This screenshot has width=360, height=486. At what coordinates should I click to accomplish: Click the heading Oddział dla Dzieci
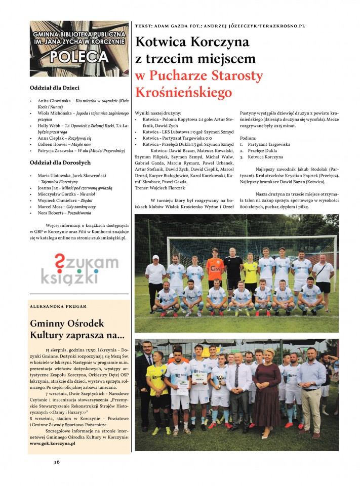pos(58,88)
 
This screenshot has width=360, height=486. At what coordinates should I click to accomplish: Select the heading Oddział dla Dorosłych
pos(60,163)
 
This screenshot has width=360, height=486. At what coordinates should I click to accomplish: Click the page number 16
pos(57,461)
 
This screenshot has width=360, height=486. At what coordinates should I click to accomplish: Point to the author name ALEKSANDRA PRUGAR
pos(58,306)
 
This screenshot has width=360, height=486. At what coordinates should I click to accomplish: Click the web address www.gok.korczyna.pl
pos(53,443)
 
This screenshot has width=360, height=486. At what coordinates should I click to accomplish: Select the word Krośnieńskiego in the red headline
pos(183,93)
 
